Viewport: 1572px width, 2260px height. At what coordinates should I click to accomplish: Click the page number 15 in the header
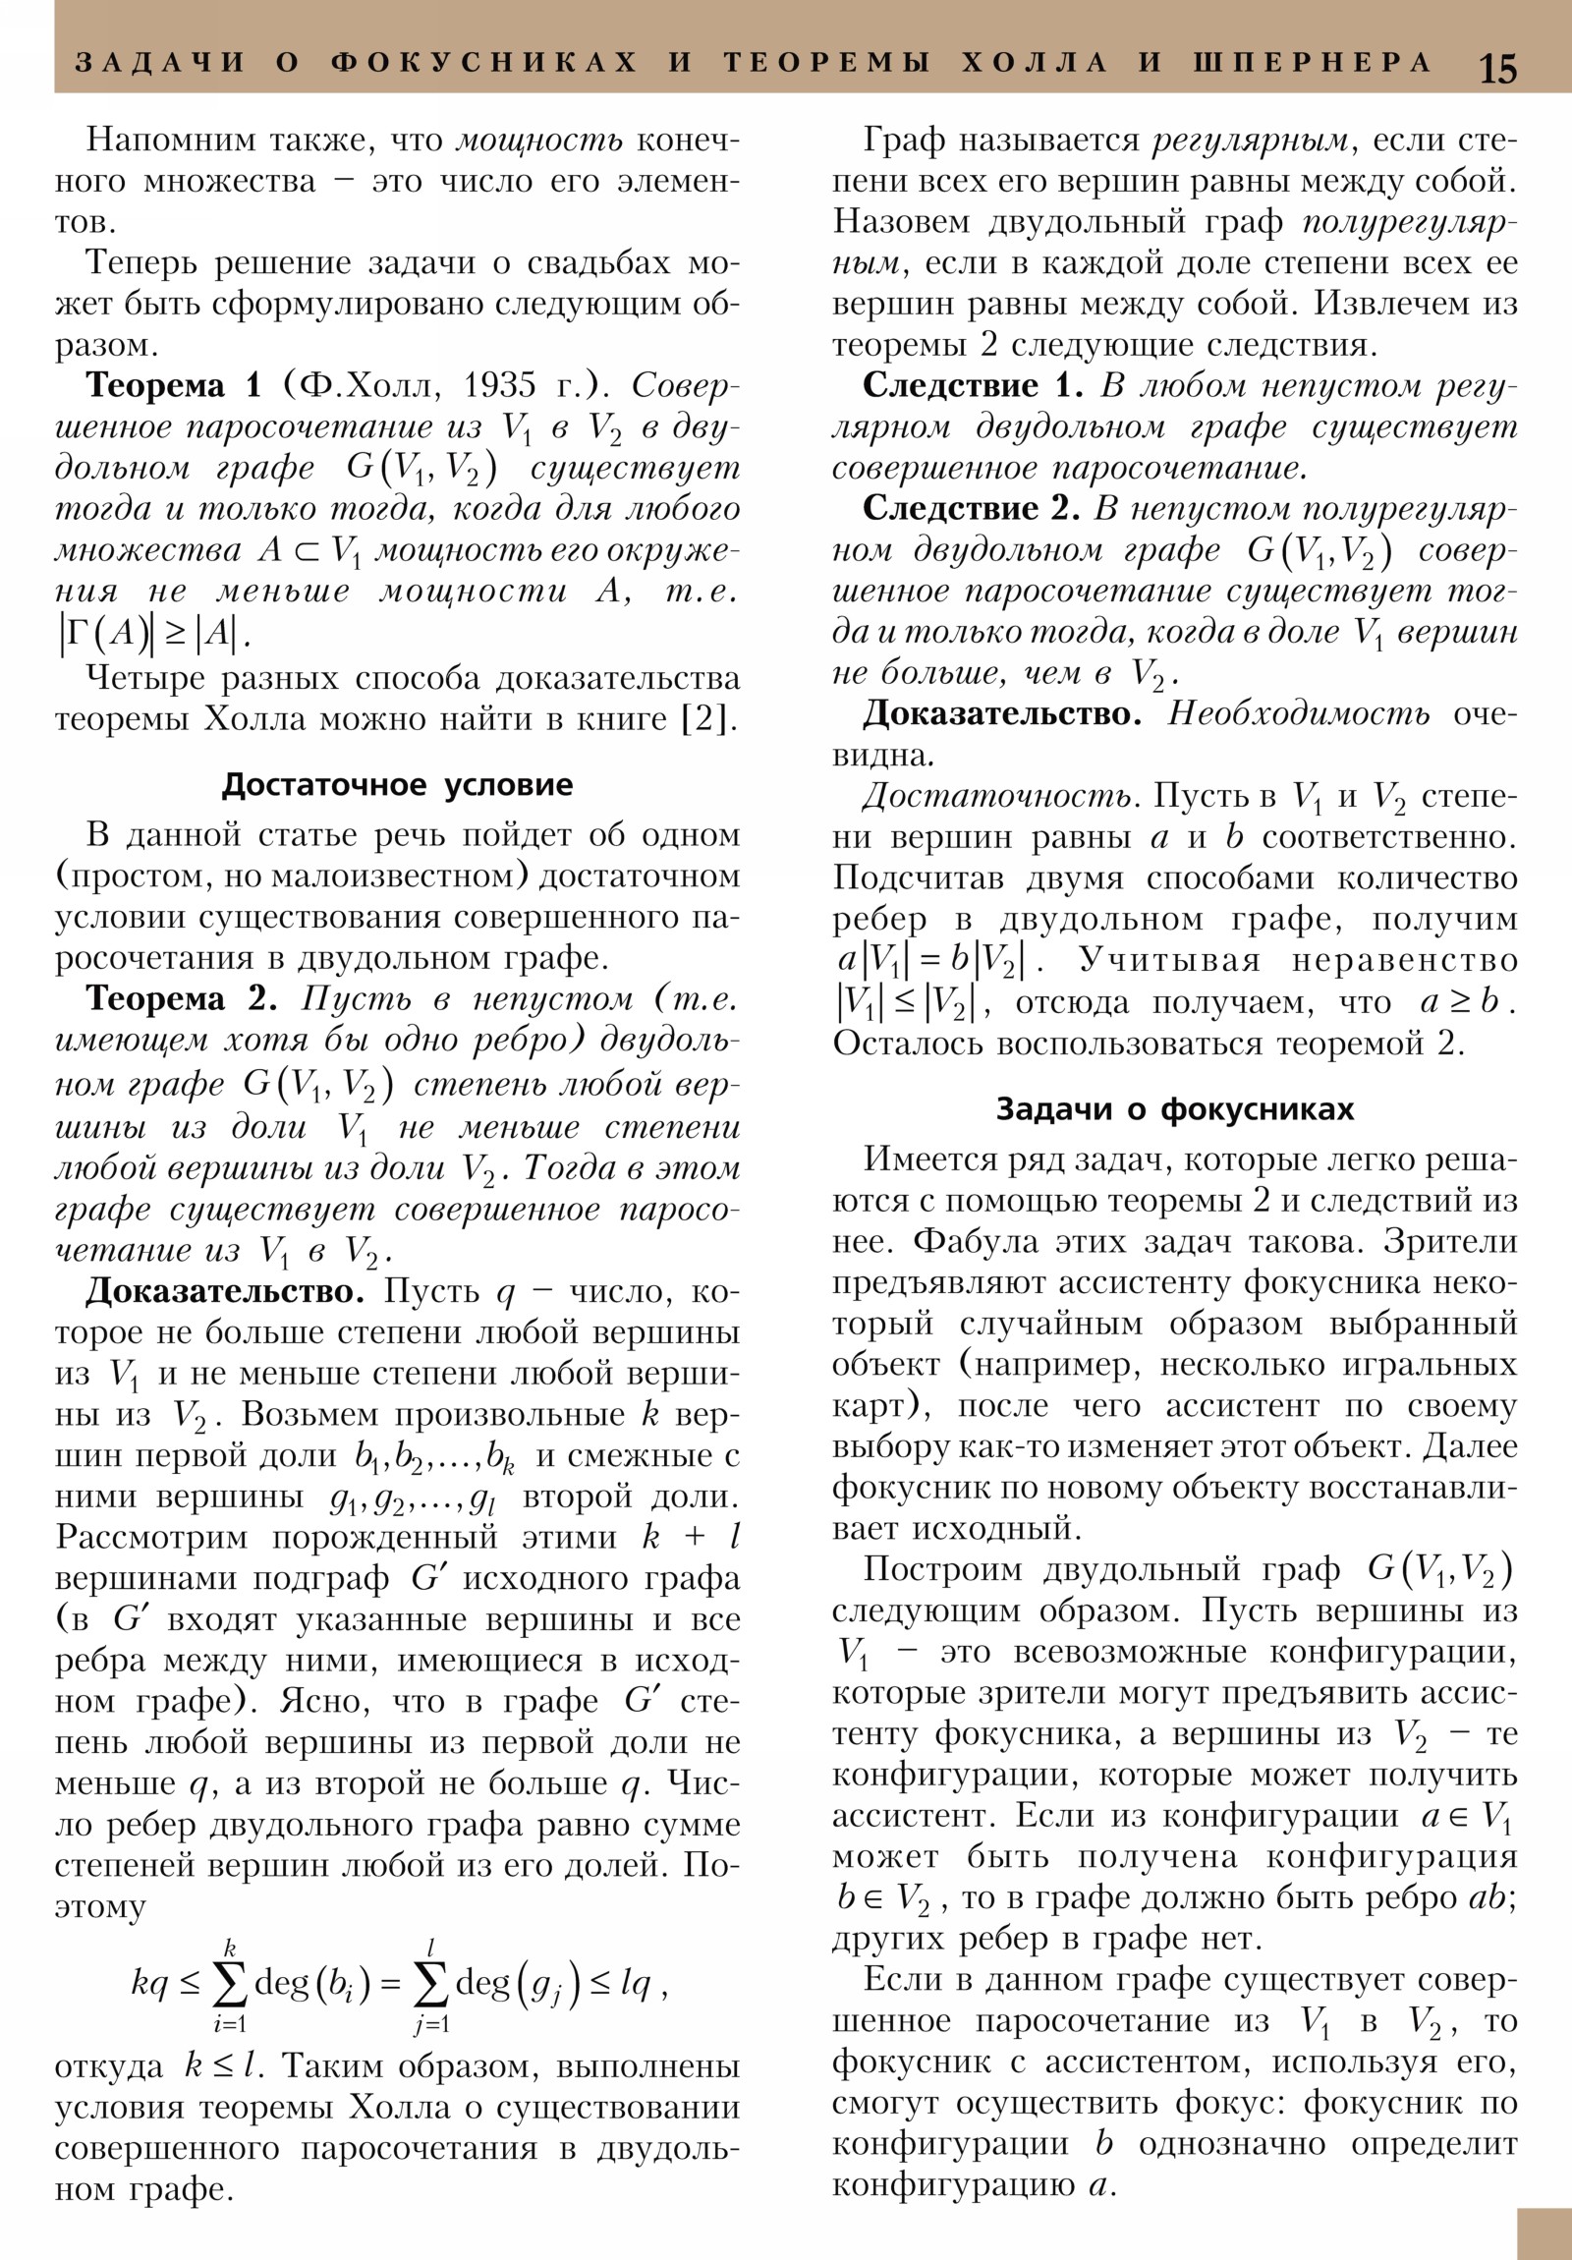(1497, 69)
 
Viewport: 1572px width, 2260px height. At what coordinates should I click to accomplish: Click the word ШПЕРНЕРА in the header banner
(1313, 63)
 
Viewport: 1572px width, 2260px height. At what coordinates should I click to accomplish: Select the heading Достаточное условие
(397, 784)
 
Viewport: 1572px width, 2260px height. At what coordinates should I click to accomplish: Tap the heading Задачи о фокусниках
(1175, 1109)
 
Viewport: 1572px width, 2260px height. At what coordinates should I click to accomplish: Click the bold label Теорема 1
(173, 385)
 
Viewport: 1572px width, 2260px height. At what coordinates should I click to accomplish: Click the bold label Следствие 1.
(972, 386)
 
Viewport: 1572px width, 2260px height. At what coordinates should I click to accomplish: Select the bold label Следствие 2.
(972, 509)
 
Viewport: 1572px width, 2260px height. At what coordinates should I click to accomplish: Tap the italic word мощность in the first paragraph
(539, 141)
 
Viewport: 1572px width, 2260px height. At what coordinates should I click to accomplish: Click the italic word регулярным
(1251, 141)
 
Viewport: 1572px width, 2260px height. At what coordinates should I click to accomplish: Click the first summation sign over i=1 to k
(229, 1986)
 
